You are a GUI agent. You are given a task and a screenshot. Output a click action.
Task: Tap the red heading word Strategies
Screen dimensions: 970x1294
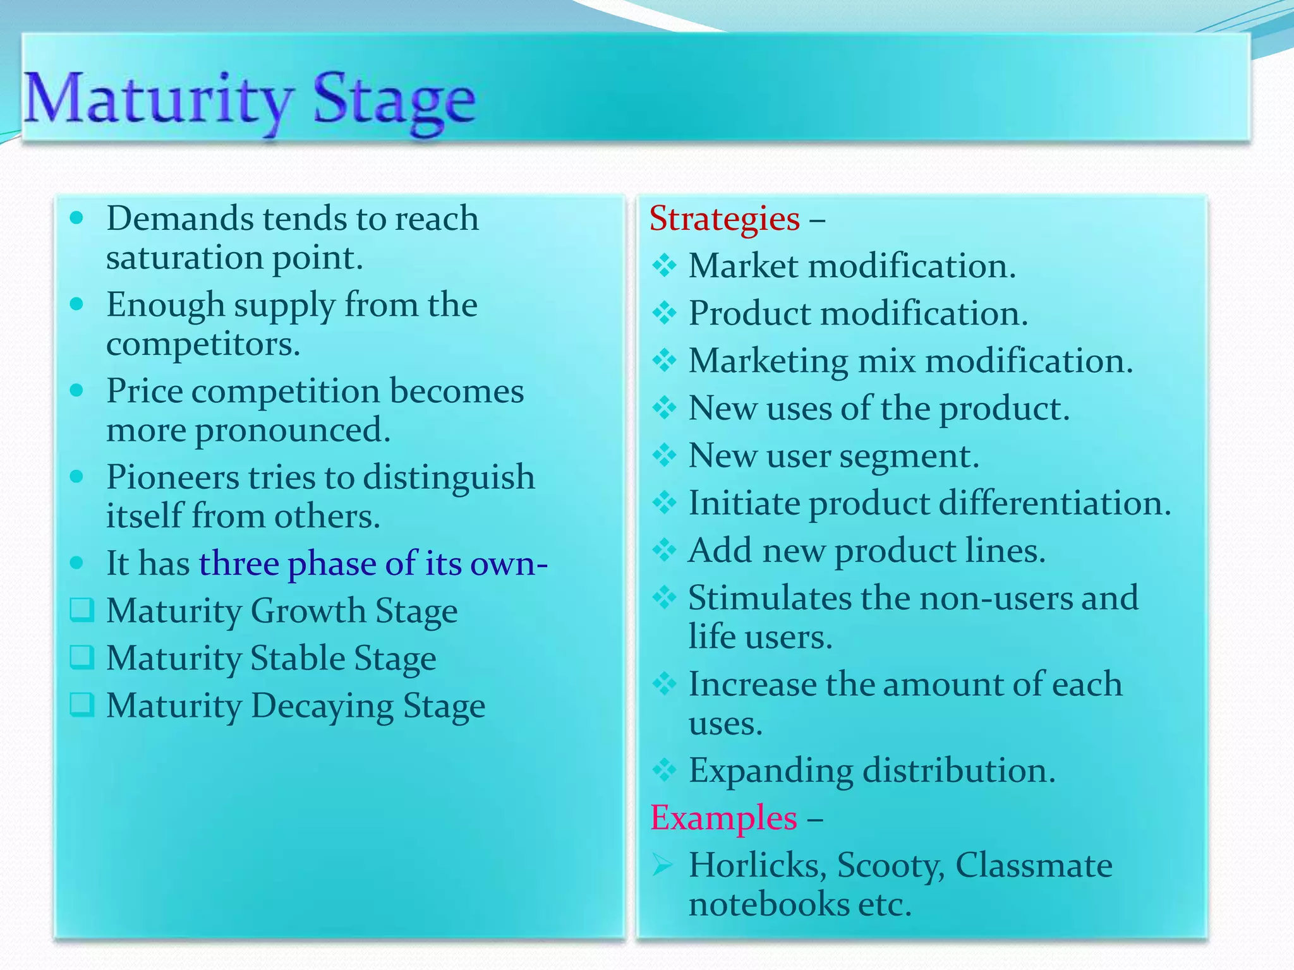point(724,219)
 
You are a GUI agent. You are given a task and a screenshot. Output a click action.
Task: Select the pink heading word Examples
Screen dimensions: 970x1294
point(723,818)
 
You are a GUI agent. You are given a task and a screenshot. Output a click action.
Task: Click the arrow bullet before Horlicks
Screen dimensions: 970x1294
point(663,865)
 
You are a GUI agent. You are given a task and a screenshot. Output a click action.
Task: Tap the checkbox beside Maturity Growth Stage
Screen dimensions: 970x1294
point(82,610)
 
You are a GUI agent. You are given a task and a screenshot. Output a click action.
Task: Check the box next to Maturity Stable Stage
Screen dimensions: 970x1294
point(82,657)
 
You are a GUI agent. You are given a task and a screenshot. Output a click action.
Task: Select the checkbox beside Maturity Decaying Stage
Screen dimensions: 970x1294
point(82,705)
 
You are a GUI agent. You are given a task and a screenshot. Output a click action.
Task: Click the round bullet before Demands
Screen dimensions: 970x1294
point(77,219)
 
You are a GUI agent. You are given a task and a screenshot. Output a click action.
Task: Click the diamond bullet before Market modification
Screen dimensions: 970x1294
point(664,265)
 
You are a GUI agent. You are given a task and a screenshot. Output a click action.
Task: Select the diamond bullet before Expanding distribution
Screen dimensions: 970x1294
point(664,770)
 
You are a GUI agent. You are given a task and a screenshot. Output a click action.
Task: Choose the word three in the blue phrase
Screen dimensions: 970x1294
point(239,563)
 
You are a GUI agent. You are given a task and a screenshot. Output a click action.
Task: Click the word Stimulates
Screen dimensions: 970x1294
point(769,598)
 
